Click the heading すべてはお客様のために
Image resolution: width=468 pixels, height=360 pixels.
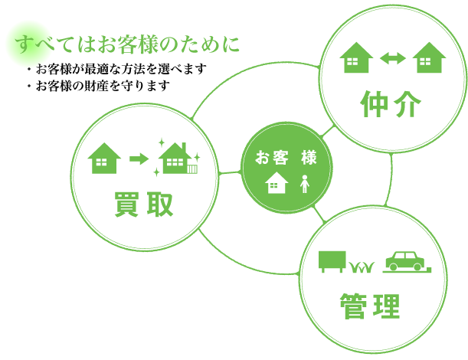coord(127,44)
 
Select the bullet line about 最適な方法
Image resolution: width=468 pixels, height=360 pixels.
coord(116,69)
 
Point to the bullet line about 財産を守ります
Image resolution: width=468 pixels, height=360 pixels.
coord(98,86)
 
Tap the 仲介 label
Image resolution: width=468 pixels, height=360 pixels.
coord(391,104)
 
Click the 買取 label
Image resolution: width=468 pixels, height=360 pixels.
coord(144,205)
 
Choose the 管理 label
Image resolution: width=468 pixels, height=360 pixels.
coord(370,306)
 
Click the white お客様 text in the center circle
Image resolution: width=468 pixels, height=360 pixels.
coord(286,157)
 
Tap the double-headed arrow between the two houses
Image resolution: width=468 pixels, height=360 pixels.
coord(393,58)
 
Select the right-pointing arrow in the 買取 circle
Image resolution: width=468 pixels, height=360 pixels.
coord(139,159)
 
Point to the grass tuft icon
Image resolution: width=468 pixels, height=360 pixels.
coord(362,267)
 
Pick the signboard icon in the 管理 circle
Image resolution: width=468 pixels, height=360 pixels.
coord(332,261)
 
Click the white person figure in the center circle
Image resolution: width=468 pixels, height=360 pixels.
coord(304,184)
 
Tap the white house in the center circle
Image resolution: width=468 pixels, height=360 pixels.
coord(277,182)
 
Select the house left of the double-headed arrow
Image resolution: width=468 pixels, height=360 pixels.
coord(356,57)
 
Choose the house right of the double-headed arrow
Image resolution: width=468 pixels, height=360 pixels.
coord(429,57)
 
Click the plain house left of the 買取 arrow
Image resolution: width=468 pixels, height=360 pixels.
coord(104,158)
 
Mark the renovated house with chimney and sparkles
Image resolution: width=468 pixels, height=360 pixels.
coord(177,157)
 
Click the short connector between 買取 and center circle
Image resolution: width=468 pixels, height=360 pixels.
coord(230,172)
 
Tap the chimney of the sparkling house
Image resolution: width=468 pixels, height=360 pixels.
coord(184,147)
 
